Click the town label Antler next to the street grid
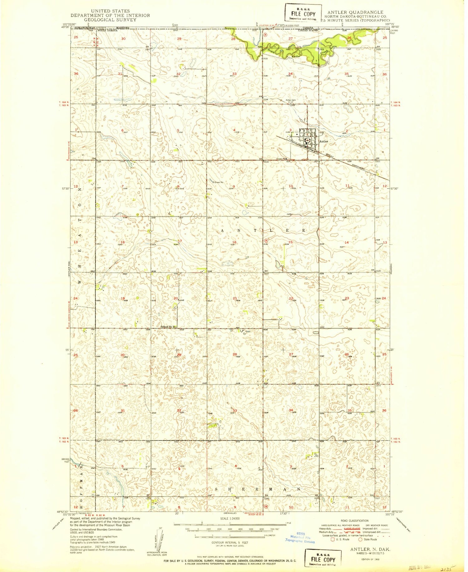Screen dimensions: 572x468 click(x=324, y=142)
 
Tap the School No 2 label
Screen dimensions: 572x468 click(x=167, y=327)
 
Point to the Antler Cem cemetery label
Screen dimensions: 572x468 click(x=291, y=100)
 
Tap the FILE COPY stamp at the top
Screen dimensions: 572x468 click(x=303, y=14)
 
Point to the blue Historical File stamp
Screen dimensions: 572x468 click(x=300, y=537)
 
